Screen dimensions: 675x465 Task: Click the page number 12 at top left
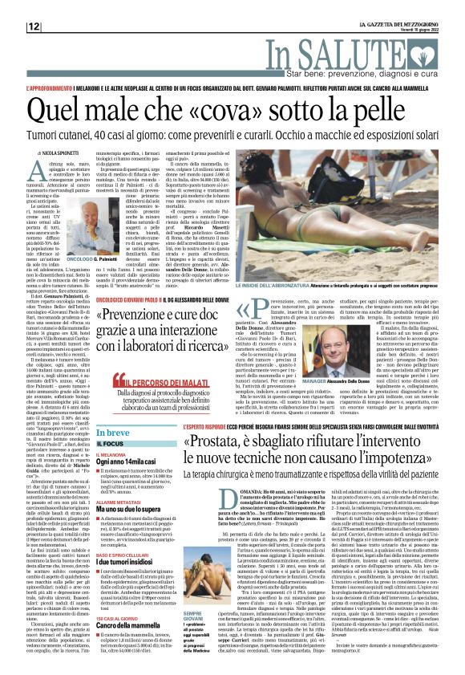pyautogui.click(x=34, y=26)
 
